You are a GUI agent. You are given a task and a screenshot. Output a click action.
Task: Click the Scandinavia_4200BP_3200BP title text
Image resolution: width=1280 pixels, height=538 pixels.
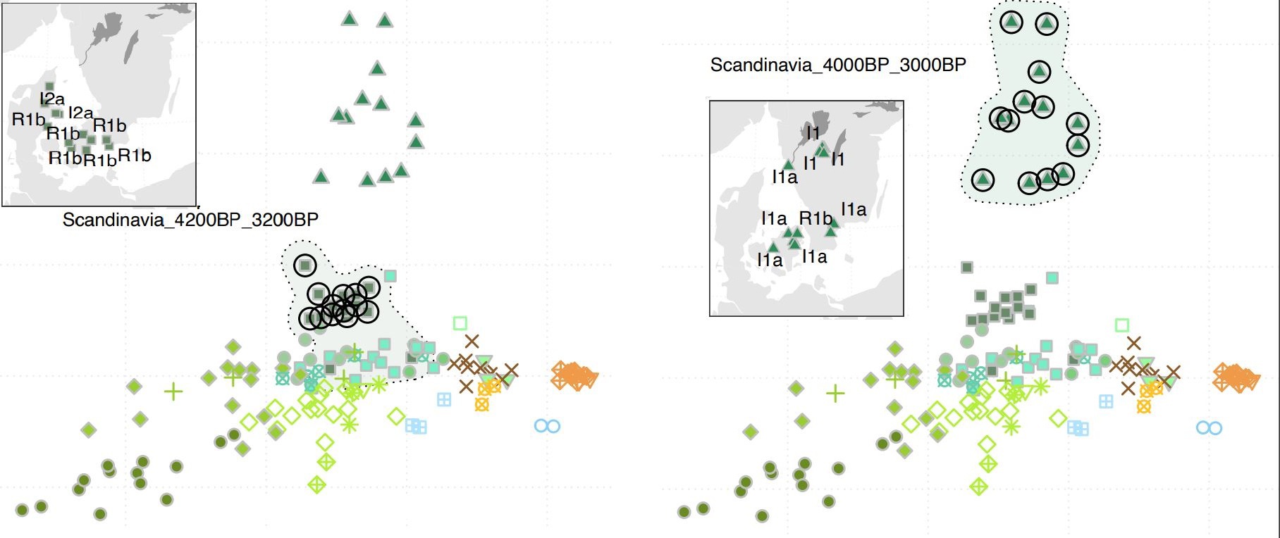190,220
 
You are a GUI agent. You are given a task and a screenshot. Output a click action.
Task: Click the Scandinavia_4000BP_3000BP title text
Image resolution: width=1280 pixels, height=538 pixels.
838,65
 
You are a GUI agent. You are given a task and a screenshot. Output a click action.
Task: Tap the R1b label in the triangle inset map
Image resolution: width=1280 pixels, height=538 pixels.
816,219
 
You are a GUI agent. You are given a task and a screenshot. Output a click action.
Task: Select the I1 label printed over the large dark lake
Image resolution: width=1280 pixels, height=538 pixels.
813,132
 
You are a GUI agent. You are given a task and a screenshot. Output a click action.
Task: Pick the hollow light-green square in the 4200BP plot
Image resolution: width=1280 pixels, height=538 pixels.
460,323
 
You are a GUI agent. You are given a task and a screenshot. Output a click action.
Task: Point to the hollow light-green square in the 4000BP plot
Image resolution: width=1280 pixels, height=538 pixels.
1122,325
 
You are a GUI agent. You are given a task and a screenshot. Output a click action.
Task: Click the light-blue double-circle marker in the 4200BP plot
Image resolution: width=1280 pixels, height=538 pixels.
547,426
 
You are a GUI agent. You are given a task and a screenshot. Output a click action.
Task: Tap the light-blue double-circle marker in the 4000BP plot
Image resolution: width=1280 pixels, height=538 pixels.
1209,428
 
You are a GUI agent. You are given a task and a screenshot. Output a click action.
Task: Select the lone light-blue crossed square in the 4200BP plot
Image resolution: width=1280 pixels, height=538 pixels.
444,399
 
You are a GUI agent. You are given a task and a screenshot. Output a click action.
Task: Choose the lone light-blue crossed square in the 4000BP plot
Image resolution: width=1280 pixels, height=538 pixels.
1107,401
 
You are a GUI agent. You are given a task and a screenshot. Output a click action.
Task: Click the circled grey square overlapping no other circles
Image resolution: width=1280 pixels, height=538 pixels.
304,265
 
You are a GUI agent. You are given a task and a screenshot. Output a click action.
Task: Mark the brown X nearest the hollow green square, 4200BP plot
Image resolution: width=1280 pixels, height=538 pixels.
472,342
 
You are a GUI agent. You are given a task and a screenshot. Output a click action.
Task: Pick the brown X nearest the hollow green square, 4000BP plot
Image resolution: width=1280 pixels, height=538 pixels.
1133,344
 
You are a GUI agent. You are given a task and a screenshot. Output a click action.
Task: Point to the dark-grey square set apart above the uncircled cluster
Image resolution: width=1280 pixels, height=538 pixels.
967,268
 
